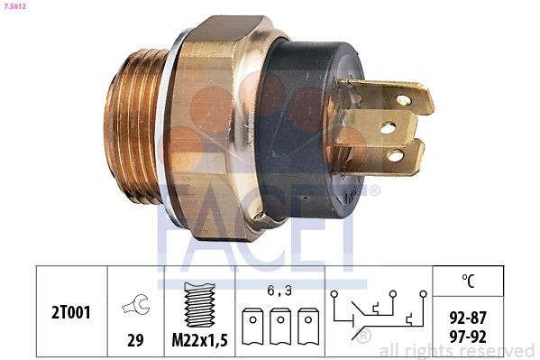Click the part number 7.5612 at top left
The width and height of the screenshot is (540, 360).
(x=14, y=6)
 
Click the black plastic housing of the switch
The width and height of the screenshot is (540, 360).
(x=311, y=126)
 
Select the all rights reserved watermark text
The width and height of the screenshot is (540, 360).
(x=458, y=350)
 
